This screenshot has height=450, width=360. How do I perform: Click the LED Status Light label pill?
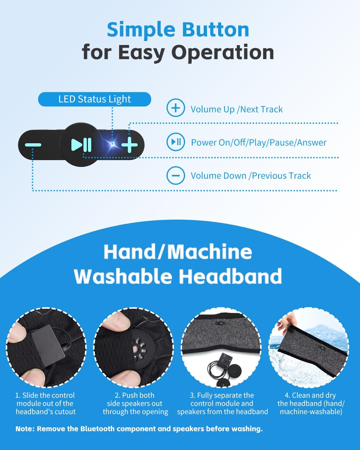coord(94,99)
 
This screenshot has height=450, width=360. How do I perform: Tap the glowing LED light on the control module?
coord(112,144)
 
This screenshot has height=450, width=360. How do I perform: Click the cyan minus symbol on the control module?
coord(33,145)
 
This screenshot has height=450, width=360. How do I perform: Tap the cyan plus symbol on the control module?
coord(130,145)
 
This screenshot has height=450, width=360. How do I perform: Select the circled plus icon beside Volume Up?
coord(176,108)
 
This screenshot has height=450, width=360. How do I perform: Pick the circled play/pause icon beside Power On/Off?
coord(176,142)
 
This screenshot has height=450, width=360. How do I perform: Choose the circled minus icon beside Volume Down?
coord(176,175)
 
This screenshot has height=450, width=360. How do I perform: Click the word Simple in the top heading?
coord(141,30)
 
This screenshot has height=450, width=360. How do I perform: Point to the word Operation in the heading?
coord(224,53)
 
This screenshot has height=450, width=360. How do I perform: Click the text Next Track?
coord(262,109)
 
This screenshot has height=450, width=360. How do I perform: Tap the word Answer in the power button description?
coord(312,142)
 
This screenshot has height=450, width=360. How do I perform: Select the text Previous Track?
coord(281,176)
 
